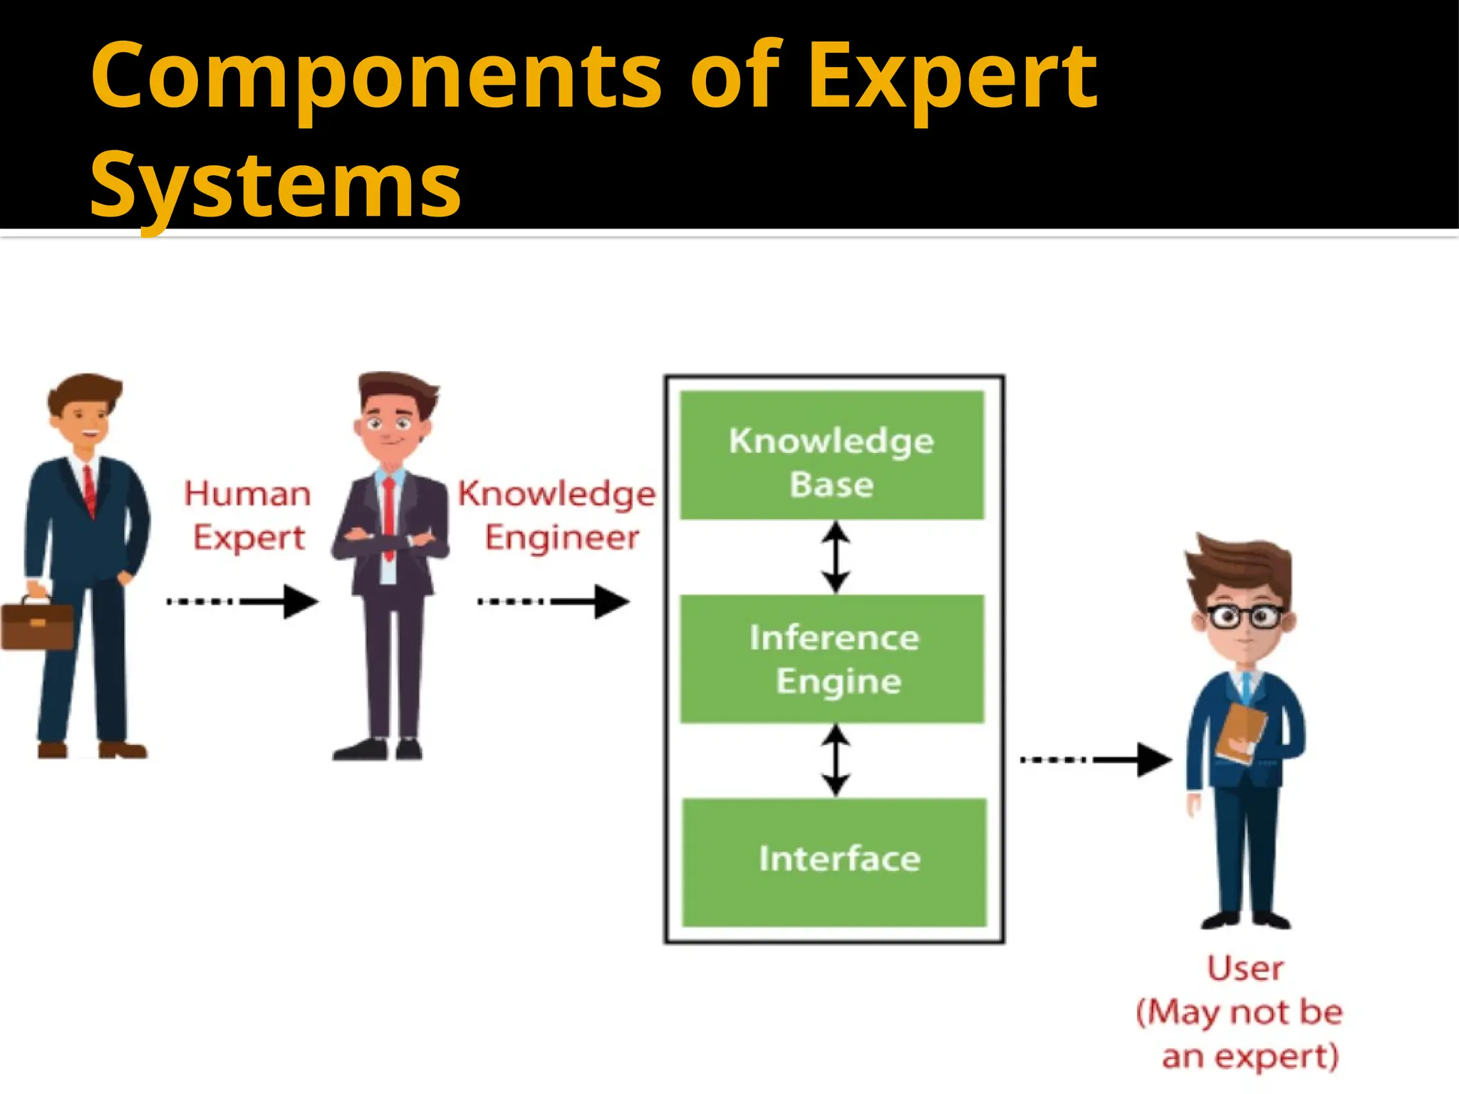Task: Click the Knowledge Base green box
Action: pyautogui.click(x=831, y=455)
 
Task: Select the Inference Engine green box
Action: pyautogui.click(x=831, y=659)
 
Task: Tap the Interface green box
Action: pyautogui.click(x=834, y=862)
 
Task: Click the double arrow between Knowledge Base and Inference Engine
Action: pyautogui.click(x=835, y=557)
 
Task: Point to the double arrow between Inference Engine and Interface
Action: pyautogui.click(x=835, y=760)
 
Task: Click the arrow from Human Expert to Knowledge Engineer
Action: pyautogui.click(x=242, y=602)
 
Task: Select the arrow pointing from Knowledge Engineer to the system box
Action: pyautogui.click(x=553, y=602)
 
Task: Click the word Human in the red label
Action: pyautogui.click(x=247, y=494)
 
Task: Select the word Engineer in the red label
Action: pyautogui.click(x=561, y=538)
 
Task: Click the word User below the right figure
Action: pyautogui.click(x=1245, y=969)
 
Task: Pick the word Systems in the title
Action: pyautogui.click(x=275, y=185)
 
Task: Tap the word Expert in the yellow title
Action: pyautogui.click(x=952, y=78)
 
